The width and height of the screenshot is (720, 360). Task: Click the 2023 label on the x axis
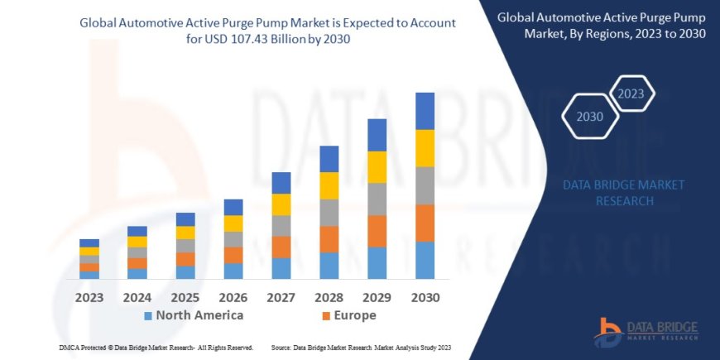click(x=89, y=296)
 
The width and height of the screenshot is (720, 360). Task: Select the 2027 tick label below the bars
click(x=281, y=296)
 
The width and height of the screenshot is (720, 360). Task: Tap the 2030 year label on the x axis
click(x=425, y=296)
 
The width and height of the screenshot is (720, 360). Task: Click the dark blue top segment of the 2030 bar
click(x=425, y=111)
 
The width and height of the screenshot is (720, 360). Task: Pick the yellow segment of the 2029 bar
click(x=377, y=167)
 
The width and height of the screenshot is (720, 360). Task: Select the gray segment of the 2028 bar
click(x=329, y=213)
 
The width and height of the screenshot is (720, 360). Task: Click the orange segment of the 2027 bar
click(x=281, y=247)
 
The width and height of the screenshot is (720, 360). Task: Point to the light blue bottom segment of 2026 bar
click(x=233, y=271)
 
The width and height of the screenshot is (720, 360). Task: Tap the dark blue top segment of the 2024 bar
click(x=137, y=231)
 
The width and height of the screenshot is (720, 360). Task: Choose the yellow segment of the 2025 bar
click(x=185, y=233)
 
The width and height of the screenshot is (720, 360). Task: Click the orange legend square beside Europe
click(x=326, y=316)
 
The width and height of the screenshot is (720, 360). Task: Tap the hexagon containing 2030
click(x=591, y=117)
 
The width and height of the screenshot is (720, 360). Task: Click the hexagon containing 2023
click(x=631, y=94)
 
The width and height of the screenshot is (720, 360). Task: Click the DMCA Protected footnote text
click(x=156, y=347)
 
